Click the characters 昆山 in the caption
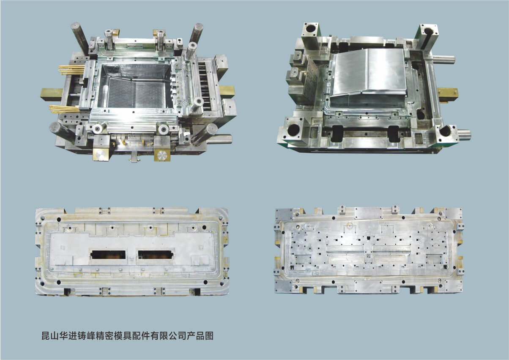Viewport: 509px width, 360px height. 50,335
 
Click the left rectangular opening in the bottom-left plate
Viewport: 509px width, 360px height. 108,255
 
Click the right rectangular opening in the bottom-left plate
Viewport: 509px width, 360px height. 156,255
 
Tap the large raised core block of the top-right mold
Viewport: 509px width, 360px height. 368,75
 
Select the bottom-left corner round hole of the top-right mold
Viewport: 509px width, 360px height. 293,129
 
